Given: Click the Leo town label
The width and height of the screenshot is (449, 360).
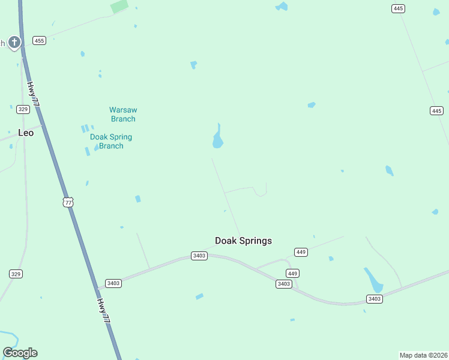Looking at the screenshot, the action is [x=26, y=133].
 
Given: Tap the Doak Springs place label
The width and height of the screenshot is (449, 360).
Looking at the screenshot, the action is [x=243, y=241].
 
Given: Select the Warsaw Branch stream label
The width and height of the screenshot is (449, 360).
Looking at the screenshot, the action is [x=122, y=114].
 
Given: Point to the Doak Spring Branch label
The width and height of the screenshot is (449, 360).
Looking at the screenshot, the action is [x=111, y=141].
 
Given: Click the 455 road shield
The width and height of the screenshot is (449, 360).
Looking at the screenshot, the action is [x=40, y=40].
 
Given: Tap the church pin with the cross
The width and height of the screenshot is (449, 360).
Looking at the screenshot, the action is [x=14, y=42].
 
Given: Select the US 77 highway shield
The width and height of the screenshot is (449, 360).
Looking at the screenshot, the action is [x=68, y=202].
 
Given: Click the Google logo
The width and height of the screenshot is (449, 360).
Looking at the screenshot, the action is [x=20, y=353].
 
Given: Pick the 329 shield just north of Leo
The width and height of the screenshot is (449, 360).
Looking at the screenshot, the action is [x=23, y=109].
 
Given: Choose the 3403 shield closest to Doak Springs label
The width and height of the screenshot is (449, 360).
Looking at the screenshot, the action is [x=199, y=256].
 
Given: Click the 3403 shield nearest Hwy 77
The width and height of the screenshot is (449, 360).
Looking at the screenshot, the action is [x=113, y=283].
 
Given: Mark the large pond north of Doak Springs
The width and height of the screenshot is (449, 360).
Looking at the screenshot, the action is [x=218, y=139].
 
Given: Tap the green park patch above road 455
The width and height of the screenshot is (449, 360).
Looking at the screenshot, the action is [x=119, y=7].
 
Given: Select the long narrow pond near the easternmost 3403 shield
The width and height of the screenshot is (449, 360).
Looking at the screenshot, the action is [x=373, y=279].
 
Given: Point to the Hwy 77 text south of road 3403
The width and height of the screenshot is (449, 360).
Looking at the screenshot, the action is [x=105, y=311].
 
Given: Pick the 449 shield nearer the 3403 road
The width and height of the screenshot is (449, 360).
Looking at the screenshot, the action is [x=293, y=273].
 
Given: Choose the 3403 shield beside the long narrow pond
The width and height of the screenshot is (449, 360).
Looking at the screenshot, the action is [x=375, y=299].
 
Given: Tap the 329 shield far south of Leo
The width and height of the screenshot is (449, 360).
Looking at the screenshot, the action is [x=16, y=274].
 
